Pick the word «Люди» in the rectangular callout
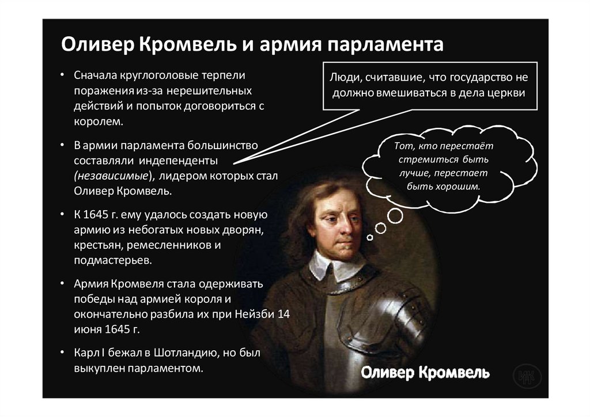pos(345,78)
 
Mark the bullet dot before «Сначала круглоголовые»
pos(63,76)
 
